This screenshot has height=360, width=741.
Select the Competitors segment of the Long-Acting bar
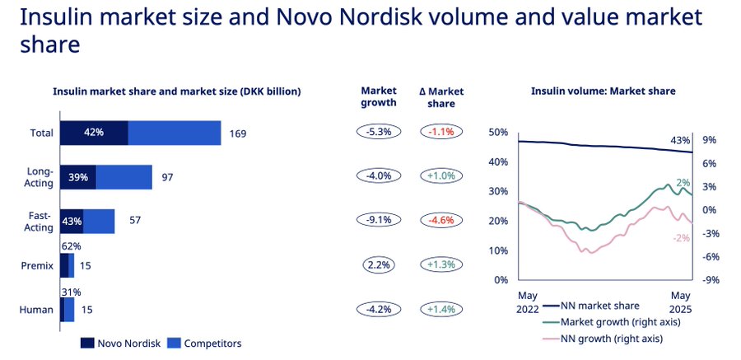click(123, 177)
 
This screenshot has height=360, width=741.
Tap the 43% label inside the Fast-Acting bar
click(72, 222)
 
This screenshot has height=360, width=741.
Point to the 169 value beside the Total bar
click(238, 133)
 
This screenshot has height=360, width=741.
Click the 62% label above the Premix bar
click(72, 245)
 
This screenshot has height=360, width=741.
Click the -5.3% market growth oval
click(379, 132)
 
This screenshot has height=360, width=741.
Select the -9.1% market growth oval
click(379, 220)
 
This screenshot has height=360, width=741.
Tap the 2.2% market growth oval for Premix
click(379, 264)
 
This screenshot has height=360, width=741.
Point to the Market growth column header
click(379, 97)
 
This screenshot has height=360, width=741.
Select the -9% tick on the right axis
click(711, 279)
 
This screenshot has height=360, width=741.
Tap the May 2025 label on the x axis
click(680, 302)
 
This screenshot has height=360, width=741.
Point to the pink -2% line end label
click(683, 237)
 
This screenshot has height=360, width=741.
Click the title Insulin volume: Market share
click(603, 91)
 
